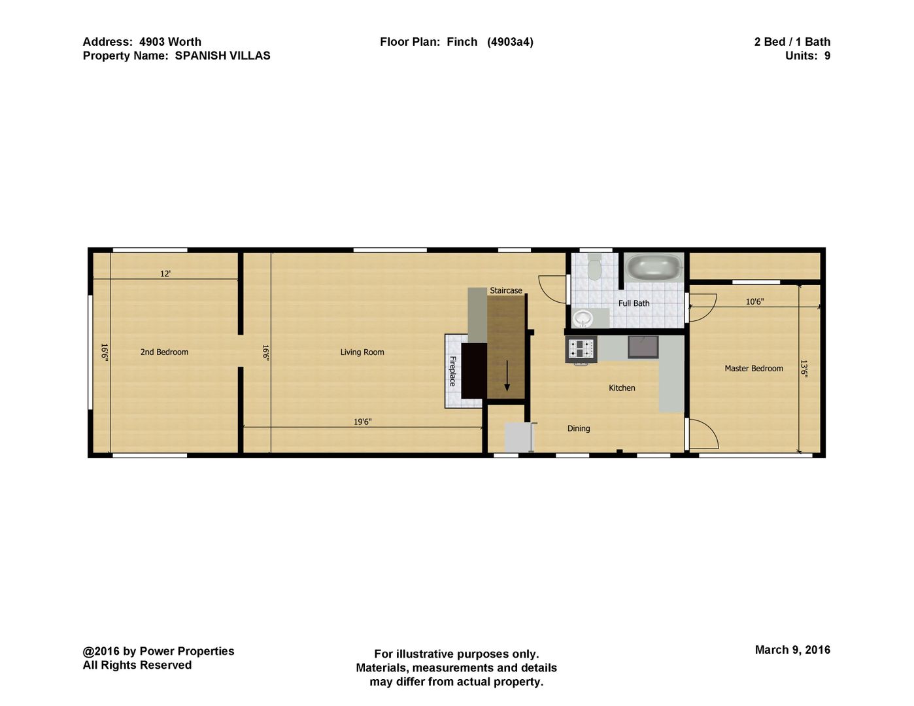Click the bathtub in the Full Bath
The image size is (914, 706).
(x=653, y=267)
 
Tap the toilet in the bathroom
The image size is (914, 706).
(x=594, y=267)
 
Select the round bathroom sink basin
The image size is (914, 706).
(x=582, y=318)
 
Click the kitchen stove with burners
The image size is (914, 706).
(x=581, y=348)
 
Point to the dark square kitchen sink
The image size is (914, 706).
(x=643, y=347)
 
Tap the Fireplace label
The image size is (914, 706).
(x=452, y=371)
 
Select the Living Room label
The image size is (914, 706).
(x=362, y=352)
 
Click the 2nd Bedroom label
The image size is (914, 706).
(x=164, y=352)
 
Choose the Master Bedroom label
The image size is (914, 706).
(x=754, y=369)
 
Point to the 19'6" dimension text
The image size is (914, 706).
(x=363, y=422)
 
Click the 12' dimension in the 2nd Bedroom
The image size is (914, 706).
(x=165, y=274)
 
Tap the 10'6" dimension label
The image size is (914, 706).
(x=754, y=301)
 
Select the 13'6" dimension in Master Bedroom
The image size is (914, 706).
(x=804, y=369)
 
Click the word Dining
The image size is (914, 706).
(x=579, y=428)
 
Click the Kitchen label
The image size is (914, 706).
(x=622, y=388)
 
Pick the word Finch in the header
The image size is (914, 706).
(x=462, y=42)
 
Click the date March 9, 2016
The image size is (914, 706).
(x=792, y=650)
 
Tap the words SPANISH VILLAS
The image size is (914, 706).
(x=222, y=56)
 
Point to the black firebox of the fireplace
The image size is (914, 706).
(x=474, y=371)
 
